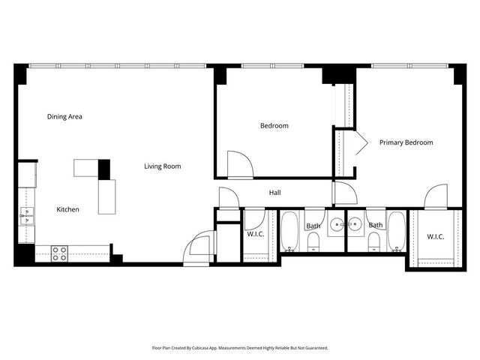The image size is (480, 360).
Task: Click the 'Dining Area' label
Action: pyautogui.click(x=64, y=116)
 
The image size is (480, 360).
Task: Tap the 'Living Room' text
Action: pyautogui.click(x=163, y=166)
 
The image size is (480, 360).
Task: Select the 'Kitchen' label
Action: pyautogui.click(x=68, y=209)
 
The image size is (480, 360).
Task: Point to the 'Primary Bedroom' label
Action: pyautogui.click(x=406, y=142)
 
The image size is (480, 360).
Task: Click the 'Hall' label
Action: pyautogui.click(x=275, y=193)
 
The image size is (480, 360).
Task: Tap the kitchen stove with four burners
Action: pyautogui.click(x=60, y=253)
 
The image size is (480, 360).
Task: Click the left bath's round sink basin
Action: pyautogui.click(x=337, y=224)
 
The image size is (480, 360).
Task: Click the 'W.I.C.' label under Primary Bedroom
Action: pyautogui.click(x=436, y=237)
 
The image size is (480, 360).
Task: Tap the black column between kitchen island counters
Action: pyautogui.click(x=104, y=169)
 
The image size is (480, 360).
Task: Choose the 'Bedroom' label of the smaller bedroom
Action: pyautogui.click(x=274, y=126)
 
